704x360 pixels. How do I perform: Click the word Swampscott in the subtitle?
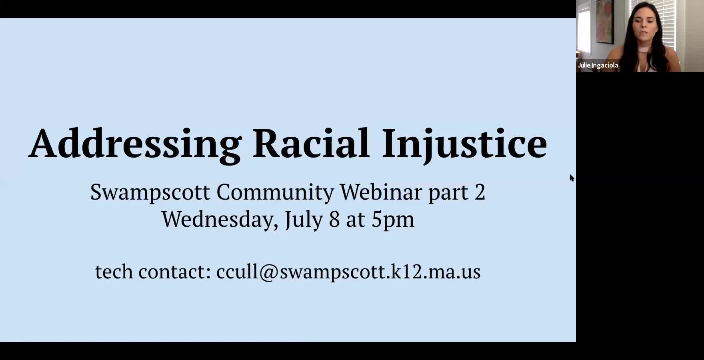pos(150,192)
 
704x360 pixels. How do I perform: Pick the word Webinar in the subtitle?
pos(381,192)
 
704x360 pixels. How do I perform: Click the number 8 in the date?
pos(334,220)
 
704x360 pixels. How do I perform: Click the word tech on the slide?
pos(114,272)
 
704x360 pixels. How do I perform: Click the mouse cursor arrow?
pos(572,178)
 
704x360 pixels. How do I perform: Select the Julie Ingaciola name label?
pos(598,65)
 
